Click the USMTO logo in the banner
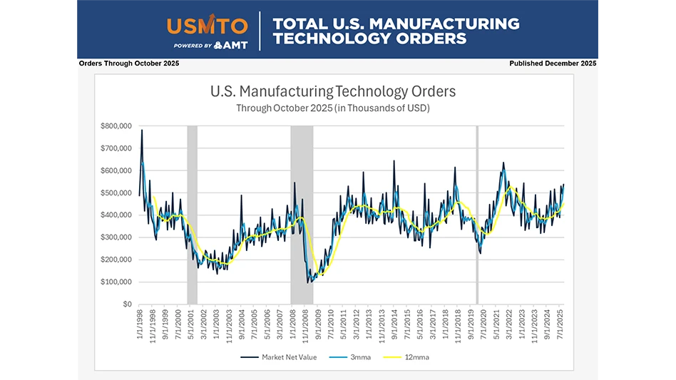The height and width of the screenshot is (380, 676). click(x=208, y=26)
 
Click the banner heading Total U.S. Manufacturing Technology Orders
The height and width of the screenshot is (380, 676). click(x=396, y=30)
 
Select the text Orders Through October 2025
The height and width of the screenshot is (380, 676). click(x=129, y=63)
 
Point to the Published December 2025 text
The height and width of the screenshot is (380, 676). click(x=553, y=63)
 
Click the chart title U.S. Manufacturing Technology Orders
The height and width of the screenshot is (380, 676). click(x=333, y=92)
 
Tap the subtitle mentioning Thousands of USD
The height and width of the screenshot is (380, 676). click(x=333, y=108)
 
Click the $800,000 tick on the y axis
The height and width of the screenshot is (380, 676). click(x=117, y=126)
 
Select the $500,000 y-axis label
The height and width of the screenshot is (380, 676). click(x=117, y=193)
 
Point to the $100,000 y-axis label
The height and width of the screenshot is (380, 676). click(x=117, y=282)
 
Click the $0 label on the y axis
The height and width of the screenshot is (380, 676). click(x=126, y=304)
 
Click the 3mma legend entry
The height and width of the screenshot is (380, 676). click(x=349, y=357)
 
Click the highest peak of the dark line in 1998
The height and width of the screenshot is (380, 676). click(x=142, y=130)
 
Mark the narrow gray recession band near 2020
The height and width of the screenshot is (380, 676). click(x=477, y=214)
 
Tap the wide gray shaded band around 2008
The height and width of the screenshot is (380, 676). click(x=302, y=214)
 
